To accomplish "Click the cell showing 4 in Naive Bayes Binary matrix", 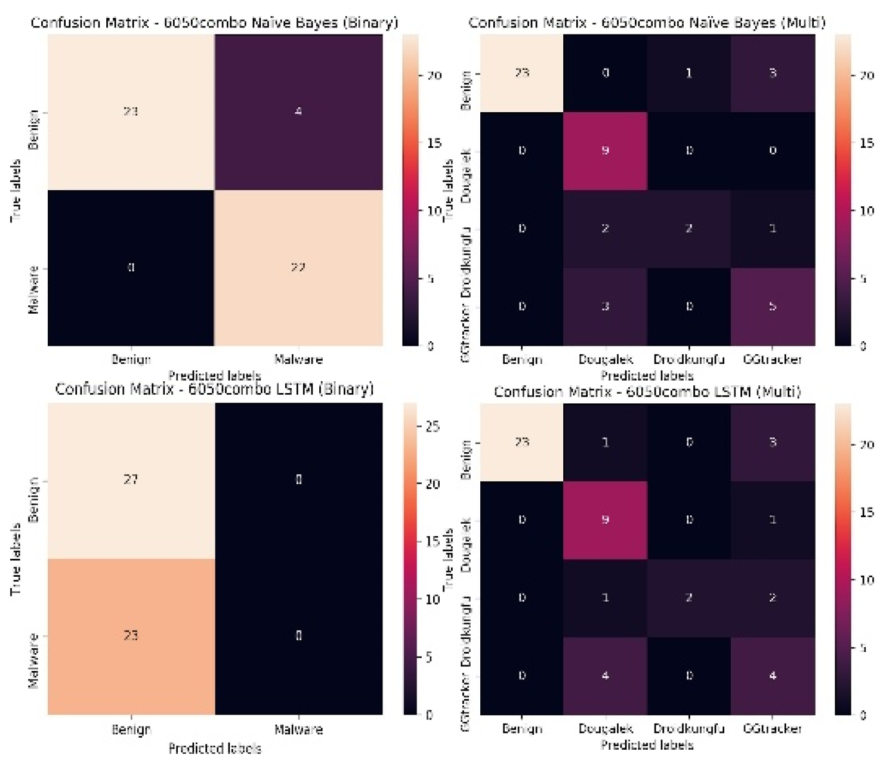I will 298,112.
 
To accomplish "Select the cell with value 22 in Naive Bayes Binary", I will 298,268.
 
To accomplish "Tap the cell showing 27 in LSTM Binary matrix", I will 131,480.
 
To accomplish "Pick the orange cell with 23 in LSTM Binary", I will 131,636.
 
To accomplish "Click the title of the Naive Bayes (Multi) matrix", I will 647,23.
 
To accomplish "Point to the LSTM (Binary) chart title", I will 214,389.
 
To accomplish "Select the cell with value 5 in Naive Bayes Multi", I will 773,307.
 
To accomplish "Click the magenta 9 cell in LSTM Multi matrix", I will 605,519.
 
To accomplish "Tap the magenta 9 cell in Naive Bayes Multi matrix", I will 605,150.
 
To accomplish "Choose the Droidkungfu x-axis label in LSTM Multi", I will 689,729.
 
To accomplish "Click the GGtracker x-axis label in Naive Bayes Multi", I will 773,360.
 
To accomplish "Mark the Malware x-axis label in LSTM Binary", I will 298,729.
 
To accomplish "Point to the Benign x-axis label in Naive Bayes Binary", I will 131,360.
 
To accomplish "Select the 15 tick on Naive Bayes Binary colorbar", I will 434,143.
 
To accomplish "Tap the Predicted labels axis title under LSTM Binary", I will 215,749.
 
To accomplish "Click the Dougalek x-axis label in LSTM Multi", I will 605,729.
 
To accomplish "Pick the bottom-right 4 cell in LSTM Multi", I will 773,676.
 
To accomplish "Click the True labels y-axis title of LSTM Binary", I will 16,559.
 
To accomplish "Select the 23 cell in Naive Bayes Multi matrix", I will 522,73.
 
